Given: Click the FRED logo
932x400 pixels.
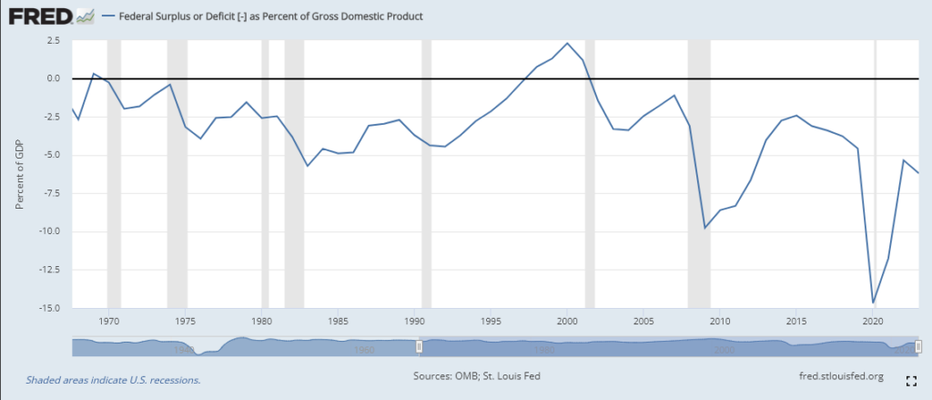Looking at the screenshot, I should (41, 15).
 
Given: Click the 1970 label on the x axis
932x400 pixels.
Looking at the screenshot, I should (109, 322).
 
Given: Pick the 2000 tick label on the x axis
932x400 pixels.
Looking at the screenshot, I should (567, 322).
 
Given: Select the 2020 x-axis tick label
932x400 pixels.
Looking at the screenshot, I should (873, 322).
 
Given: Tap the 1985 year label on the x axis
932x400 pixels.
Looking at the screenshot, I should (338, 322).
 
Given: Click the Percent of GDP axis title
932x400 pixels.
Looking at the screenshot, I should (19, 176).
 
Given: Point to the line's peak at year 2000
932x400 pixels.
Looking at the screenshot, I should (567, 43).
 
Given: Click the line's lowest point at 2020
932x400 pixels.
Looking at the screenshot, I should (873, 303).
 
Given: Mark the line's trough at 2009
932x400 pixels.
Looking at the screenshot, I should (704, 228).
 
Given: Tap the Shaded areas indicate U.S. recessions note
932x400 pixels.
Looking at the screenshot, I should (113, 379).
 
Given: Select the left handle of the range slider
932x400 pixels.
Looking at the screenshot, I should (419, 346).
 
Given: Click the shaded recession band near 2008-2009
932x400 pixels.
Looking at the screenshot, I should (698, 182).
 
